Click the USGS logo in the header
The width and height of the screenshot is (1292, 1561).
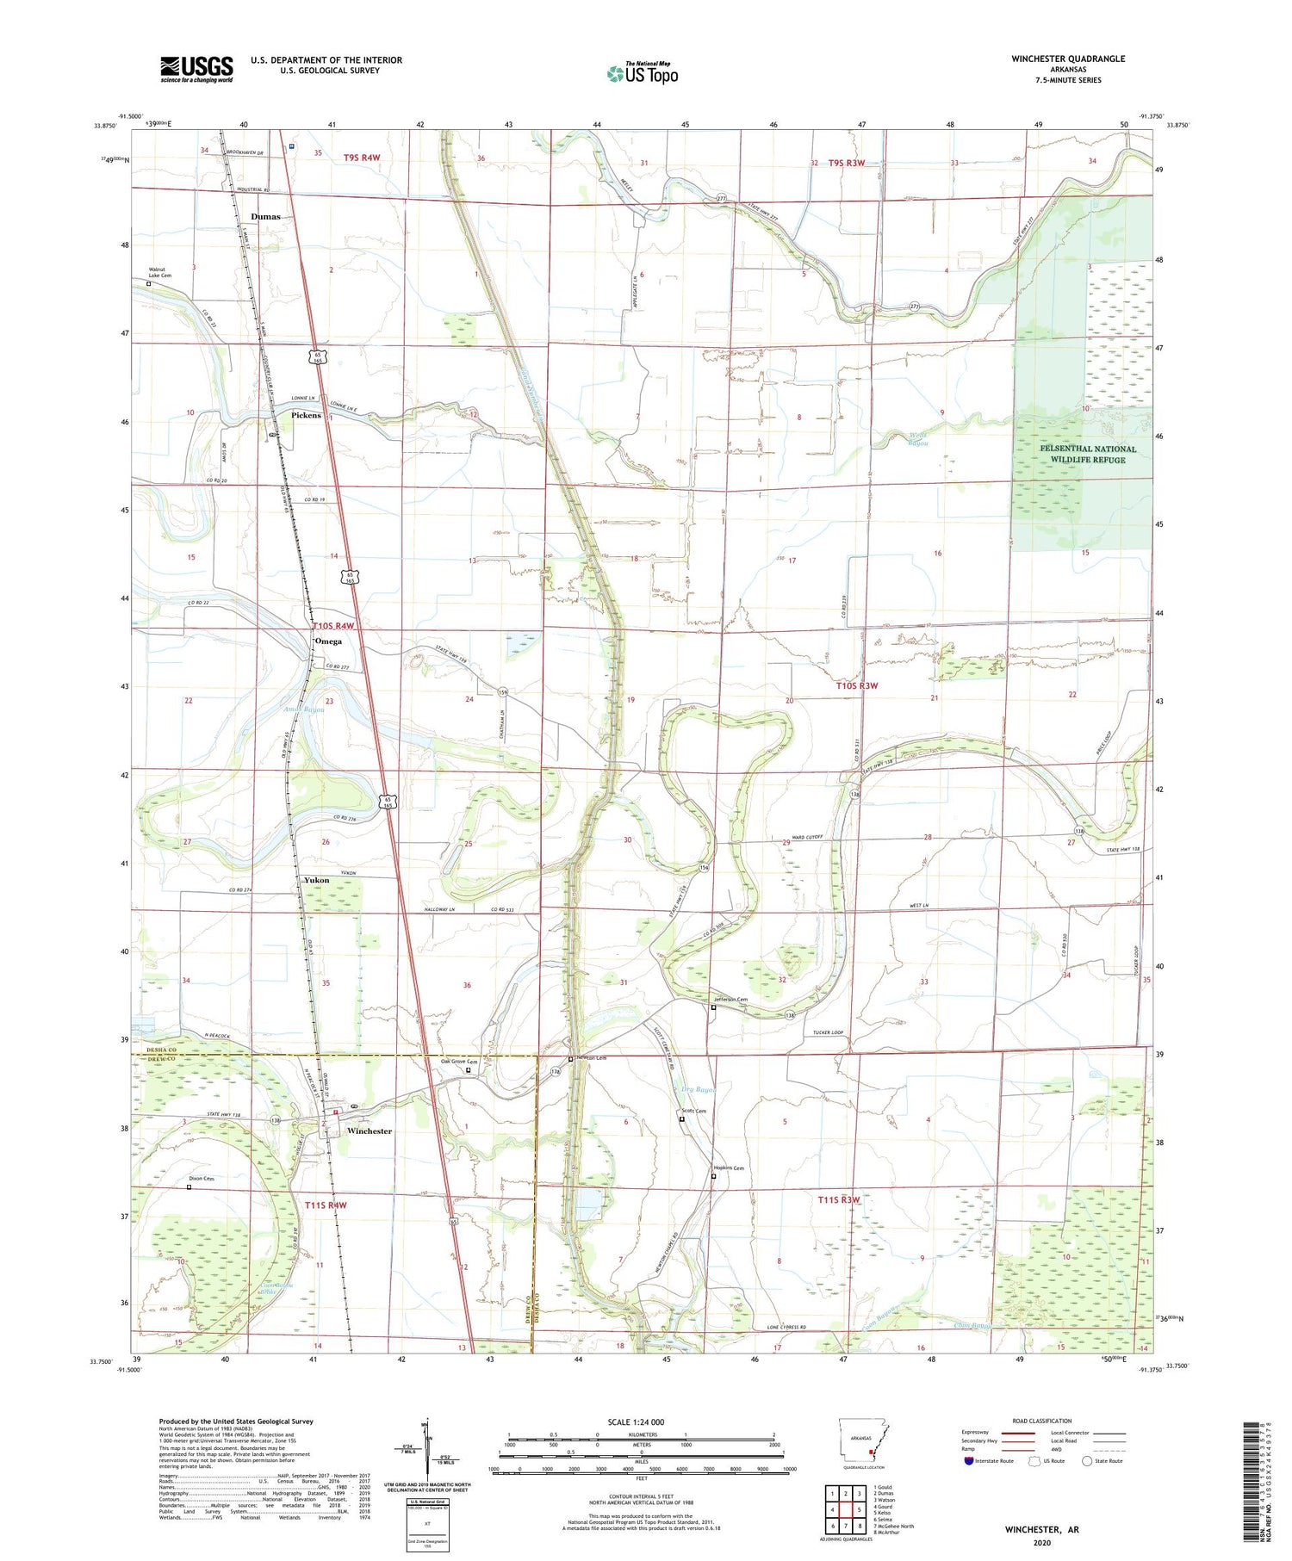point(196,69)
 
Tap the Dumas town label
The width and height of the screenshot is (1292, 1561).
point(265,217)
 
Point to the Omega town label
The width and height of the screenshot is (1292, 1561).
point(328,641)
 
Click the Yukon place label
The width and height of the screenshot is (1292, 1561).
point(316,880)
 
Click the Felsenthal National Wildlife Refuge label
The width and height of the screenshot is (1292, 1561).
point(1081,454)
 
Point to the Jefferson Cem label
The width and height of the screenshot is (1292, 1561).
point(730,999)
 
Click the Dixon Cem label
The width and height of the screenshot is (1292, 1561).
point(202,1178)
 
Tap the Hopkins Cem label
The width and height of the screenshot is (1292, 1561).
point(728,1168)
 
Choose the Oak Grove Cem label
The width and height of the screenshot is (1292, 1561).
point(458,1061)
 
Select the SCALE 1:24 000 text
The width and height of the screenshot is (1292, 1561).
point(636,1422)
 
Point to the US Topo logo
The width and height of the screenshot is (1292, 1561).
point(642,73)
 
